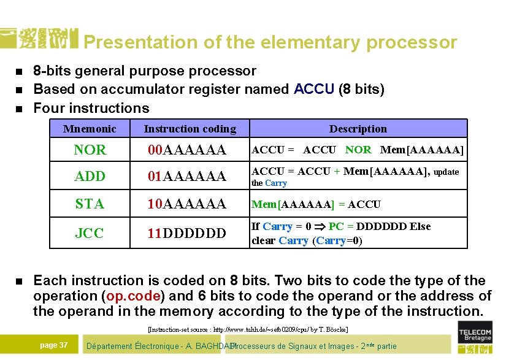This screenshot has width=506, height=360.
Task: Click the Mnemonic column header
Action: [90, 129]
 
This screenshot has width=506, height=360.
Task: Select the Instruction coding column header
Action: [190, 129]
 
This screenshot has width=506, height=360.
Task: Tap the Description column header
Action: [358, 129]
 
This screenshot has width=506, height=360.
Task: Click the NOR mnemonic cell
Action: [90, 150]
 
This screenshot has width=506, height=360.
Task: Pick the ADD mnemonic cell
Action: [90, 177]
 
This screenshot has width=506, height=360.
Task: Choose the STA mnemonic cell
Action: [90, 204]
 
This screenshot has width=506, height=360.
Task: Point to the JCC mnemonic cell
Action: [90, 233]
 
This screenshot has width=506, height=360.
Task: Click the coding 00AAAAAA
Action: [186, 150]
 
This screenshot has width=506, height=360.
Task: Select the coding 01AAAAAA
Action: [186, 177]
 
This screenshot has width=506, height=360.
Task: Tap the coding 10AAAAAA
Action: [186, 204]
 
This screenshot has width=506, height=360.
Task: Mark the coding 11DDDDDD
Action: [186, 233]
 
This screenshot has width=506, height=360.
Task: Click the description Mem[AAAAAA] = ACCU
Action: [316, 204]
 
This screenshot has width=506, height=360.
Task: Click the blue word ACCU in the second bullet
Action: [314, 90]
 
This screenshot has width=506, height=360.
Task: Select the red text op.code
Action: [133, 296]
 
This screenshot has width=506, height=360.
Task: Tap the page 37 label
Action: [54, 345]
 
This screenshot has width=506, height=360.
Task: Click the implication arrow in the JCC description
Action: [319, 227]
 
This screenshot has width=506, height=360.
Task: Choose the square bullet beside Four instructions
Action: [18, 109]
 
